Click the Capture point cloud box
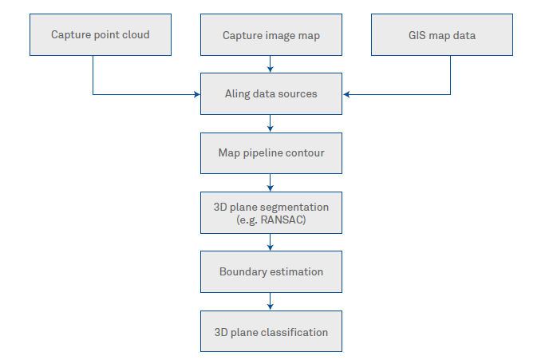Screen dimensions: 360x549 click(101, 34)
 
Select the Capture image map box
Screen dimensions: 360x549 click(271, 34)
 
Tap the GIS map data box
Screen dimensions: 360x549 click(442, 34)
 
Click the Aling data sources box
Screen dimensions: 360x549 click(271, 93)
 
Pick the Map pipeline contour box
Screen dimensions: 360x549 click(271, 152)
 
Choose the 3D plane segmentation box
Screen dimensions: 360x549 click(271, 212)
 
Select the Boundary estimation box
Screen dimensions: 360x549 click(271, 271)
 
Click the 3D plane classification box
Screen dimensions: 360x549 click(271, 331)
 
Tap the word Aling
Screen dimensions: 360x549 click(238, 94)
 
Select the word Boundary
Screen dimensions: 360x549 click(243, 272)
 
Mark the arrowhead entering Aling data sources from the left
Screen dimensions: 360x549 click(196, 94)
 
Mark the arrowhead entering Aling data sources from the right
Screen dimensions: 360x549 click(346, 94)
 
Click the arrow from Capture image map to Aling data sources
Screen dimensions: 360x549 click(271, 64)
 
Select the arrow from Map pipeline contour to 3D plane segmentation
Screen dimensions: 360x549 click(271, 183)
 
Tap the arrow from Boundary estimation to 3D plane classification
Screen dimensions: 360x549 click(271, 301)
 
